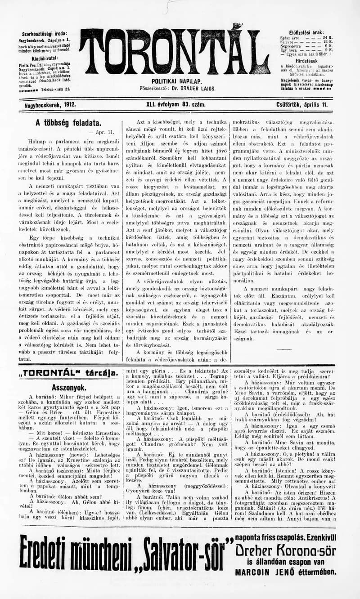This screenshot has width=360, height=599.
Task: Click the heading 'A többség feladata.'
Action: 68,122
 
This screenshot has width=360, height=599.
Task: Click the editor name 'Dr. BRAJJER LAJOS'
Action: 194,89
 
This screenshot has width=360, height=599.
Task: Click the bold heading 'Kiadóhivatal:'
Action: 44,58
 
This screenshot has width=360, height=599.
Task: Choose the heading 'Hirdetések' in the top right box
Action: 306,61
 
